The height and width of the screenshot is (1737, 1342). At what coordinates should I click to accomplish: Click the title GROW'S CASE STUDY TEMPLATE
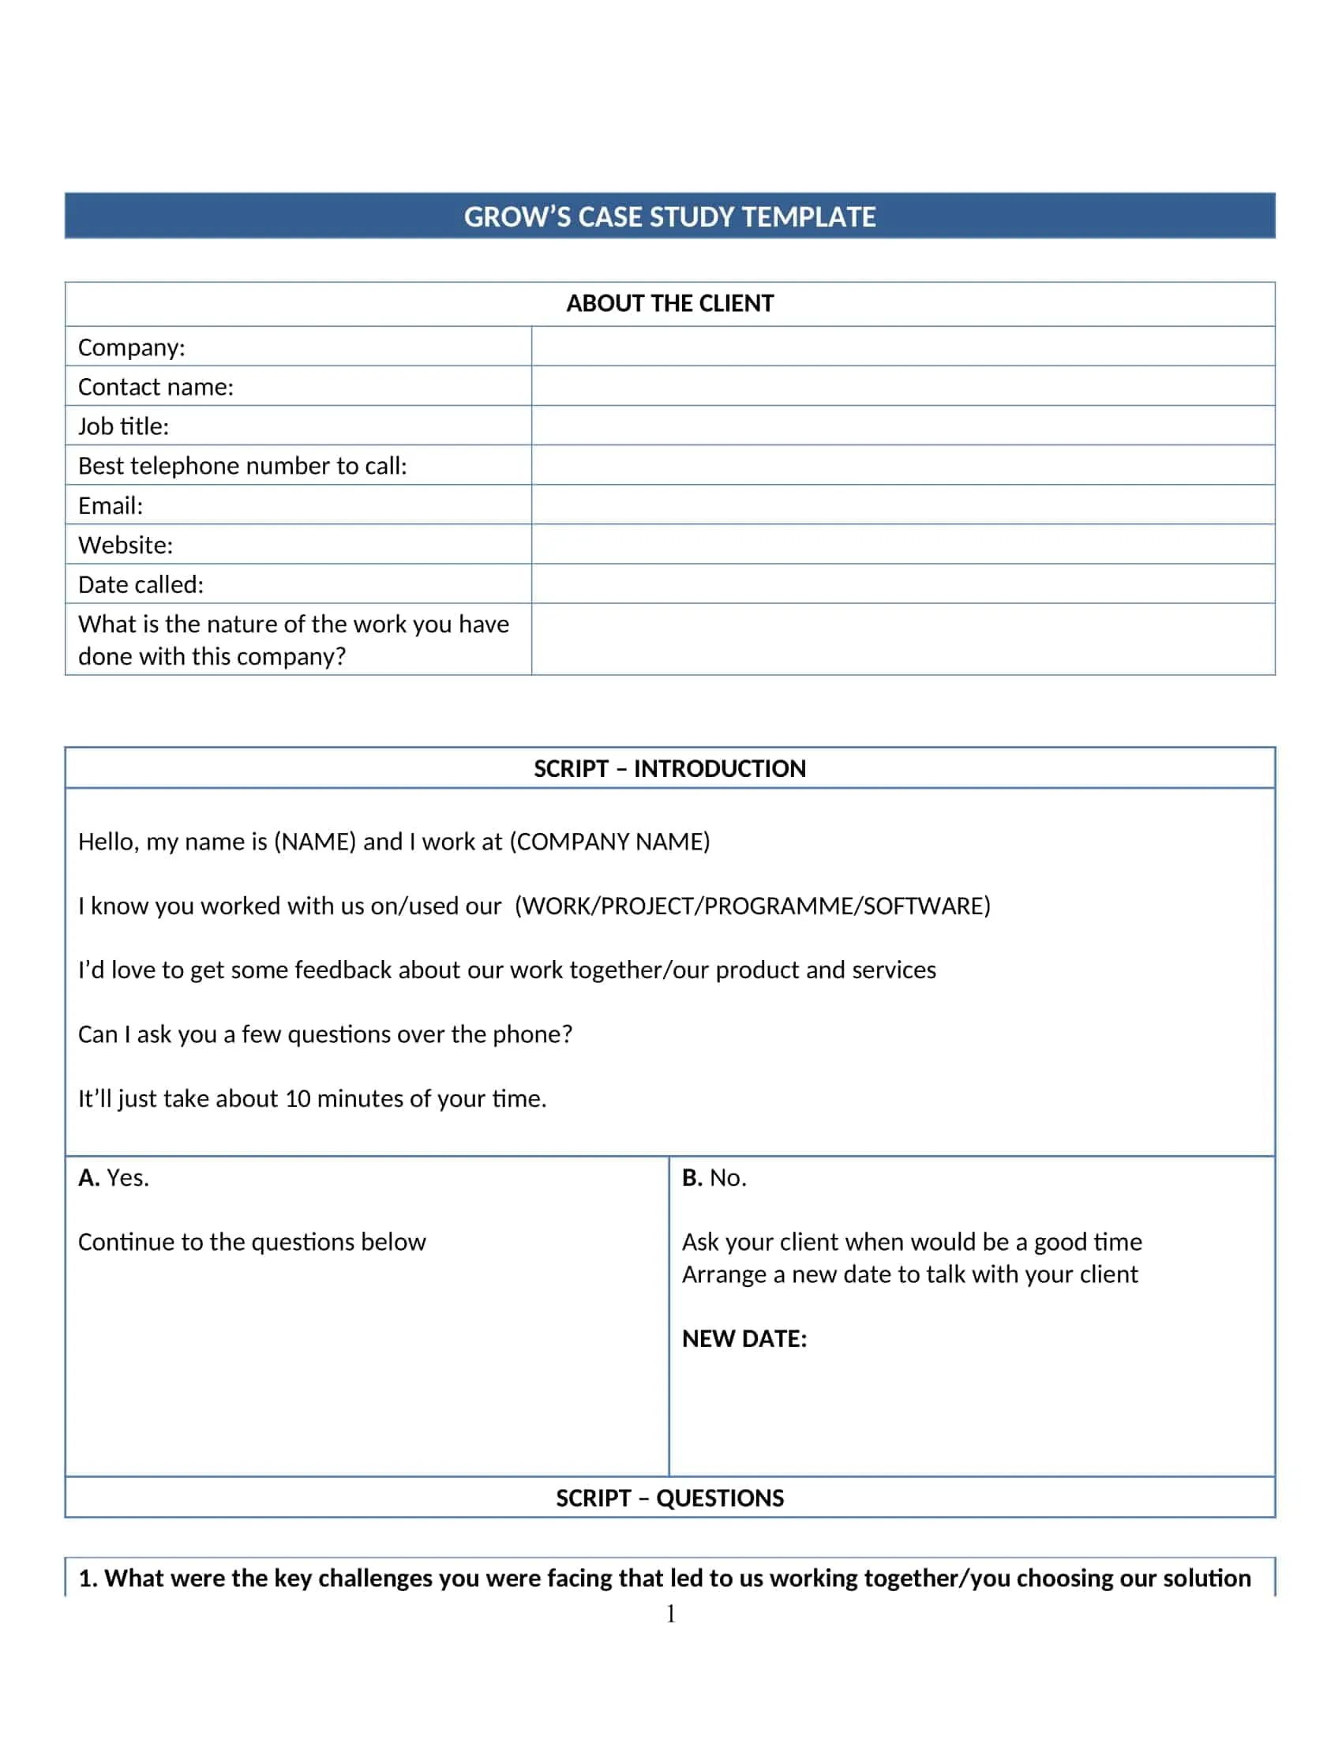[x=669, y=216]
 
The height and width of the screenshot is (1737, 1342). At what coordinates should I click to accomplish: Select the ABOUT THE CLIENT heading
[x=669, y=303]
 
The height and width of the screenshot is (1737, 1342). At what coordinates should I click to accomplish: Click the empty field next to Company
[x=902, y=347]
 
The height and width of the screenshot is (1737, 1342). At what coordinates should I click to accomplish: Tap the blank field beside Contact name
[x=902, y=387]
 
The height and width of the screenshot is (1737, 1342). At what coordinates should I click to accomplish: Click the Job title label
[x=123, y=426]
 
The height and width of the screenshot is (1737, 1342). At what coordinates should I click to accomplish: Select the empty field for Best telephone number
[x=902, y=465]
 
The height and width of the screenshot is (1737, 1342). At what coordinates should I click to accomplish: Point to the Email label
[x=111, y=505]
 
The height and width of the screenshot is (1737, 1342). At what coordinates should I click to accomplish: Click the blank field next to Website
[x=902, y=545]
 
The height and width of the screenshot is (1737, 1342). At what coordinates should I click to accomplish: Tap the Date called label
[x=141, y=584]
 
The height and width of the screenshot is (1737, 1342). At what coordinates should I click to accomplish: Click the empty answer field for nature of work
[x=902, y=640]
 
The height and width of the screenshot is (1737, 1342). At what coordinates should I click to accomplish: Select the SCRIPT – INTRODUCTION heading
[x=669, y=768]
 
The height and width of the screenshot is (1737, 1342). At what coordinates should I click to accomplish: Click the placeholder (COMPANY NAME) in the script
[x=609, y=842]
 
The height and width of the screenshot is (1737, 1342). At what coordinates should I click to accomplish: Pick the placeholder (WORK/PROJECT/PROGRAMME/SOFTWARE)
[x=752, y=906]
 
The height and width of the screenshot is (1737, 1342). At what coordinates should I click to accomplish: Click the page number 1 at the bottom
[x=670, y=1614]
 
